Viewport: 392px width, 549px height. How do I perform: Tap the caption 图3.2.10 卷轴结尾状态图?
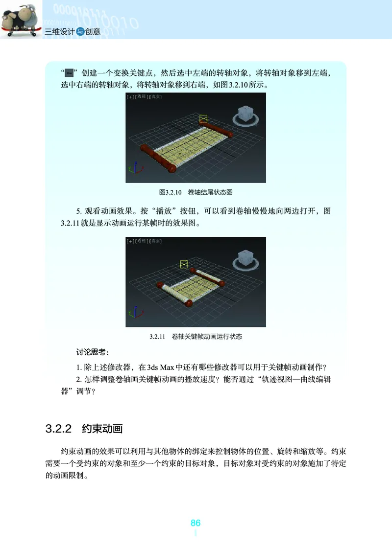click(x=196, y=192)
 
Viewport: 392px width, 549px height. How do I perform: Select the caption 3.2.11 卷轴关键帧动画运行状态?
click(x=196, y=337)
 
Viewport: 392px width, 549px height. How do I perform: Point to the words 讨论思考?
click(x=93, y=352)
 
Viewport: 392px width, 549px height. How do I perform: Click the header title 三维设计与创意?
click(x=73, y=32)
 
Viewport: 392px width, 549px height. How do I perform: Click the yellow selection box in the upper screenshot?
click(x=204, y=118)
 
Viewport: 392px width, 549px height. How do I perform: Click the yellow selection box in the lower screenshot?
click(x=184, y=264)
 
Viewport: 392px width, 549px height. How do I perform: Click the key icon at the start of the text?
click(x=70, y=73)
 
